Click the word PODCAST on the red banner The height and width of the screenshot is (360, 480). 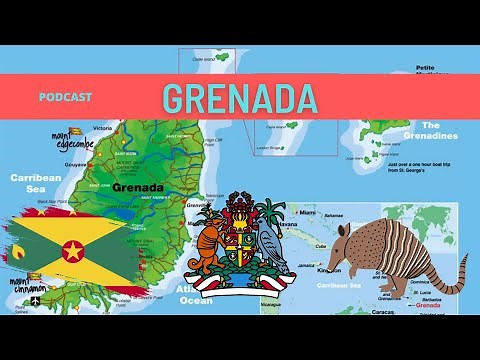(x=66, y=97)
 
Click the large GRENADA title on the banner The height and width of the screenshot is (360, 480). (x=240, y=97)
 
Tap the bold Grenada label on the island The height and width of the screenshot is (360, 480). (x=138, y=187)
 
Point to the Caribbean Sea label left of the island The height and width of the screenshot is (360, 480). (x=36, y=181)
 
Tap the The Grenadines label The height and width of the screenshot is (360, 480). (x=430, y=135)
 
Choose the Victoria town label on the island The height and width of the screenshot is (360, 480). (x=102, y=129)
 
